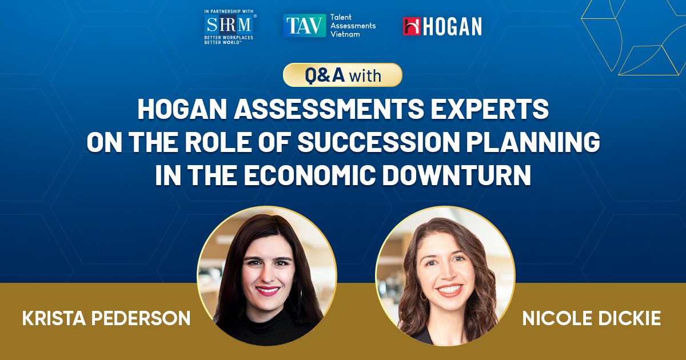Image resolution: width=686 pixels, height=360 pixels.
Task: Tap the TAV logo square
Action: point(304,25)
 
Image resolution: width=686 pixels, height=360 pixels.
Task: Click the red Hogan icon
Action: point(412,26)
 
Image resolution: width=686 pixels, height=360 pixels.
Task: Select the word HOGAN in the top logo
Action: point(452,26)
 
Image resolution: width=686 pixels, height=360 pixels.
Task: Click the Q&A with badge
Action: point(342,75)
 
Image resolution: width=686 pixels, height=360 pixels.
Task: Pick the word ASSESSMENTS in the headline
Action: point(329,109)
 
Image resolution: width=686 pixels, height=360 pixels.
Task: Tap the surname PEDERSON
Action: point(141,318)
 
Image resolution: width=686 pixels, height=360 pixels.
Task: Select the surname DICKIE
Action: point(629,318)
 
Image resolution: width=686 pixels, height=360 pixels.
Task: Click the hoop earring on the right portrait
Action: point(423,297)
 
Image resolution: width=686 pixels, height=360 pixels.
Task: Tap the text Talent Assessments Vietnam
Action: point(353,26)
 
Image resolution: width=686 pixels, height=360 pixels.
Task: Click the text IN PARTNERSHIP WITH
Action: point(229,11)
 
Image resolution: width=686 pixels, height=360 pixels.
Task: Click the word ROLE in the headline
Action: point(218,142)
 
